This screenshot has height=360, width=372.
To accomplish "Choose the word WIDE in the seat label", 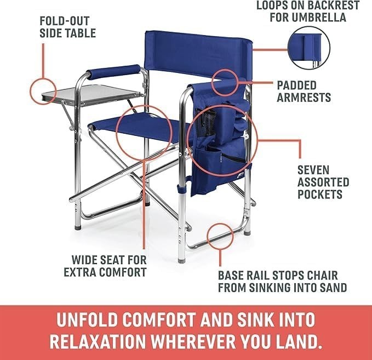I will tap(85, 260).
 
